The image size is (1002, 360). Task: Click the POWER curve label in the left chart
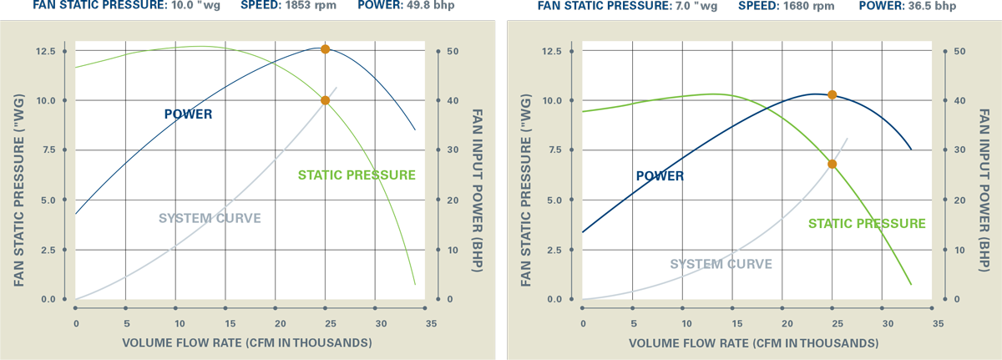[188, 114]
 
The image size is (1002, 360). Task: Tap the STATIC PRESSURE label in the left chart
[357, 175]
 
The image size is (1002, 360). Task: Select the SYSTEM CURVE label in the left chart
[210, 219]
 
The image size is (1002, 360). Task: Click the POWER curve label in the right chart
[660, 176]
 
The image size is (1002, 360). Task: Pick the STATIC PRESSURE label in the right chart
[867, 224]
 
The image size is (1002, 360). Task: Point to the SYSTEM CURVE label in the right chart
[721, 265]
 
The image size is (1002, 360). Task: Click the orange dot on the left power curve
[326, 49]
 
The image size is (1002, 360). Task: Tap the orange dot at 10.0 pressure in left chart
[326, 100]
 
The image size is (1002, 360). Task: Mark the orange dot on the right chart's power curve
[832, 95]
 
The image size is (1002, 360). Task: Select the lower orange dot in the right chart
[832, 164]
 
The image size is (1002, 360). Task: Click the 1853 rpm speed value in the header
[305, 6]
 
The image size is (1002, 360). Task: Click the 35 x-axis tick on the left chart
[431, 322]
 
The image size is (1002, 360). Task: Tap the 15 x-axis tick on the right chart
[735, 322]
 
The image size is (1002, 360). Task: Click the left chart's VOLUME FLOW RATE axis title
[247, 343]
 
